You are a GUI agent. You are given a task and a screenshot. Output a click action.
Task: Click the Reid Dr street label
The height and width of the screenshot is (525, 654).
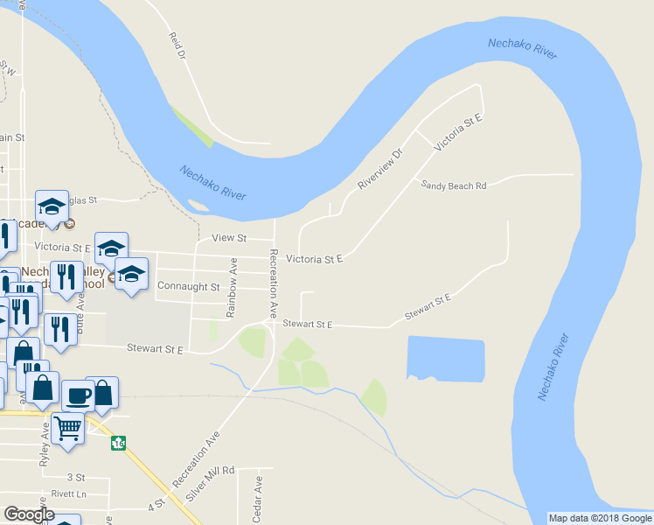[177, 45]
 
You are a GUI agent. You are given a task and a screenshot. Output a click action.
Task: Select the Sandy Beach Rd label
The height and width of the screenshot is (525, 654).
[452, 185]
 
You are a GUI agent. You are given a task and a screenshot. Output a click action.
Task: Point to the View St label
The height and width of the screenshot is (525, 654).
[230, 238]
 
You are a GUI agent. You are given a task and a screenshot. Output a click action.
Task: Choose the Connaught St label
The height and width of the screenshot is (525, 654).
[189, 286]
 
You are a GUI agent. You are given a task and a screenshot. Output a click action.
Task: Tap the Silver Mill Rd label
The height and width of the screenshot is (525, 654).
[211, 484]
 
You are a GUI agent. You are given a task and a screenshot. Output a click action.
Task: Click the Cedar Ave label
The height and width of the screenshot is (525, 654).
[258, 494]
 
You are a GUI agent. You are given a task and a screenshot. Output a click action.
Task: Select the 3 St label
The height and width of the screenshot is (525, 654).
[76, 478]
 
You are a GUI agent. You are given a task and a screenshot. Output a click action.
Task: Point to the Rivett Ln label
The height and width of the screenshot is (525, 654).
[70, 493]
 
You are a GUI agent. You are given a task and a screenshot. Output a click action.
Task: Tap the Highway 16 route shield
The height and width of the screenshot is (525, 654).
[118, 444]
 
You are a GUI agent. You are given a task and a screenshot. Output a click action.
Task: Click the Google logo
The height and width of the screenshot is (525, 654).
[30, 514]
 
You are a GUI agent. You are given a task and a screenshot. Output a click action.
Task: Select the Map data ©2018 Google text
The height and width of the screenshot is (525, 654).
[600, 518]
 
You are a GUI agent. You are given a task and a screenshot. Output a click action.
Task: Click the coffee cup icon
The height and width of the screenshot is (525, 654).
[78, 394]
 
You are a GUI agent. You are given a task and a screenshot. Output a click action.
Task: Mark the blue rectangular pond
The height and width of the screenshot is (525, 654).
[446, 358]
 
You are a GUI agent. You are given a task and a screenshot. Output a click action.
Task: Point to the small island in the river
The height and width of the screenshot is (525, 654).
[198, 206]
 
